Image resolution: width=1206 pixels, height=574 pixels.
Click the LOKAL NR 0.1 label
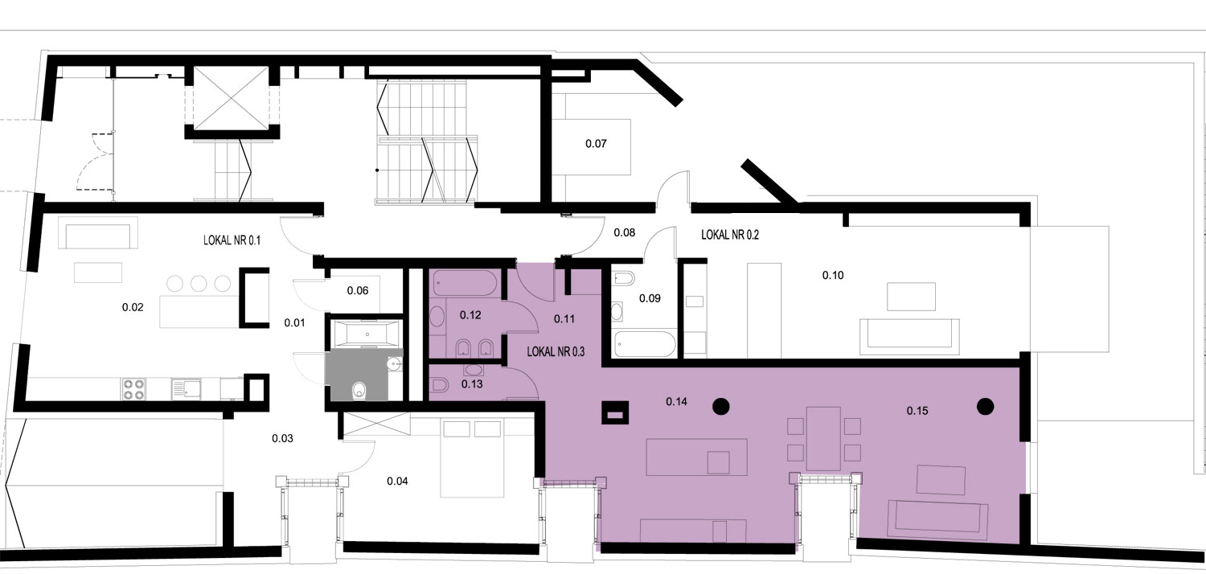pos(232,240)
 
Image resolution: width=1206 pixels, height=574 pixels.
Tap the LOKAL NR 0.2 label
pos(730,235)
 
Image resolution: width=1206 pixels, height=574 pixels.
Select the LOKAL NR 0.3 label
pos(556,351)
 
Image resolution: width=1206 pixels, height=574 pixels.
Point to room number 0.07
pos(596,144)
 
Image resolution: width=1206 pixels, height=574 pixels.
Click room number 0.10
pos(833,275)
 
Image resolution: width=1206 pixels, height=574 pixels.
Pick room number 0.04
pos(397,481)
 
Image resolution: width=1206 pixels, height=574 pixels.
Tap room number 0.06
pos(358,291)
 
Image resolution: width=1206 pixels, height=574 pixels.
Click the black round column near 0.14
pos(721,406)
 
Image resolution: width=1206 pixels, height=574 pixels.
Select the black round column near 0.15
pos(985,406)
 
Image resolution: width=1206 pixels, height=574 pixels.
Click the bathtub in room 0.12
pos(467,283)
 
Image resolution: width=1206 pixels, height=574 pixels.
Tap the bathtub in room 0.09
pos(645,345)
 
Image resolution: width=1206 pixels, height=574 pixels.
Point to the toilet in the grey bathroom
pos(359,391)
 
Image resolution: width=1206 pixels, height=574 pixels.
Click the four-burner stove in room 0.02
pos(133,389)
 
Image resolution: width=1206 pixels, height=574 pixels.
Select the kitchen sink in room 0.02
pos(187,389)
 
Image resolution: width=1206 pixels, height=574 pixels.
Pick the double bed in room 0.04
pos(472,458)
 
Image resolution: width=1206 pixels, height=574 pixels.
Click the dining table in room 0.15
pos(824,438)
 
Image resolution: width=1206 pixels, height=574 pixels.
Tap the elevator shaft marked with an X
pos(231,98)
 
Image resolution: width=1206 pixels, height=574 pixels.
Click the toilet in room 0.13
pos(440,385)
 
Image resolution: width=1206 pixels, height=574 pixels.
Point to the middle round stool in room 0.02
pos(199,283)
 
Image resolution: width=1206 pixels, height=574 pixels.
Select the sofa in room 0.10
pos(909,337)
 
